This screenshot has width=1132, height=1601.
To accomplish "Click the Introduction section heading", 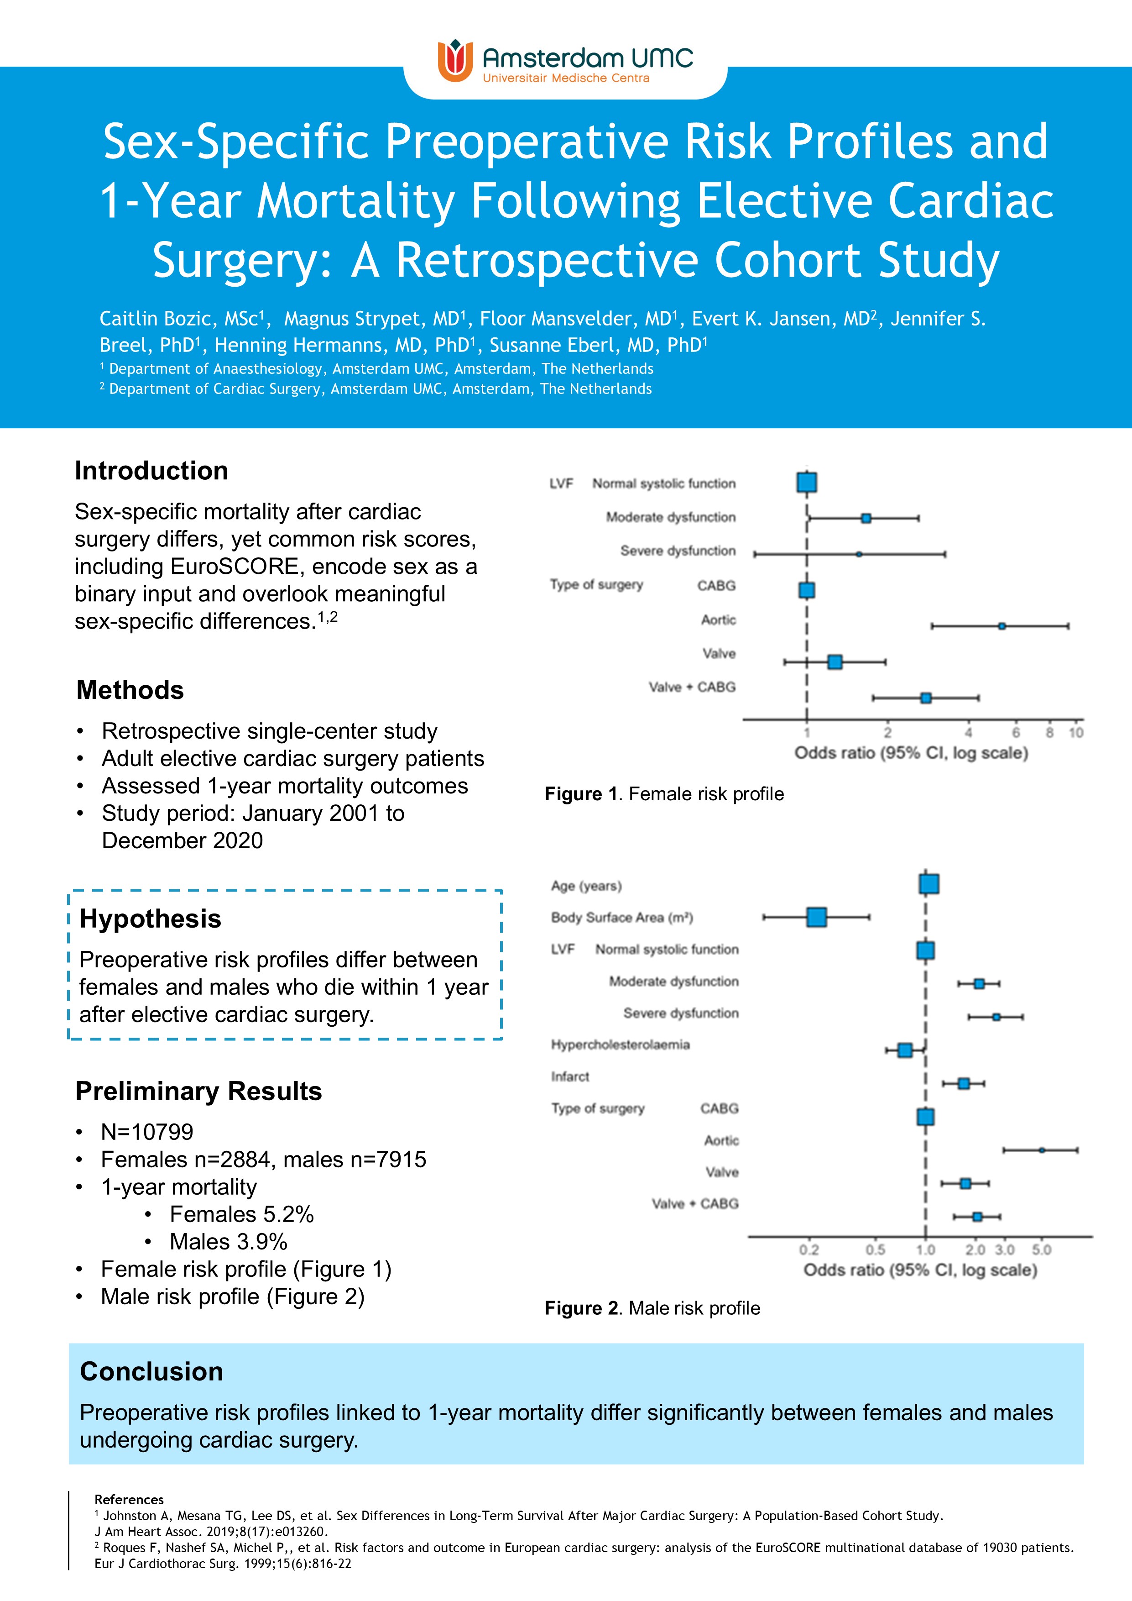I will (151, 471).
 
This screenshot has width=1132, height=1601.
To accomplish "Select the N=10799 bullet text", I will (147, 1132).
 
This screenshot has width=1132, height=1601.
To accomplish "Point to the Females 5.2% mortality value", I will (241, 1214).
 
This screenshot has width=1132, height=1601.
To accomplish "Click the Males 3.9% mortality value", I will (228, 1241).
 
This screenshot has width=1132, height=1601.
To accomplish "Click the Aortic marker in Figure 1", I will (1002, 626).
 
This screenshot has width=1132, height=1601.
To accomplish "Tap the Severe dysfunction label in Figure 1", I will (678, 551).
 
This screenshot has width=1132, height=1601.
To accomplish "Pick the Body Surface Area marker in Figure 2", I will (816, 917).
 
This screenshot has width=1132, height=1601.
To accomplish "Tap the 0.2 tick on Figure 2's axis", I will (809, 1249).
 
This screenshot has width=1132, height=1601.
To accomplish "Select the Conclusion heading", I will (151, 1371).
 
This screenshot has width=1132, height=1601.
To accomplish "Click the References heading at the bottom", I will (129, 1499).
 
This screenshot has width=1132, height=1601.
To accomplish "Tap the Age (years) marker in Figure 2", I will (929, 884).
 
